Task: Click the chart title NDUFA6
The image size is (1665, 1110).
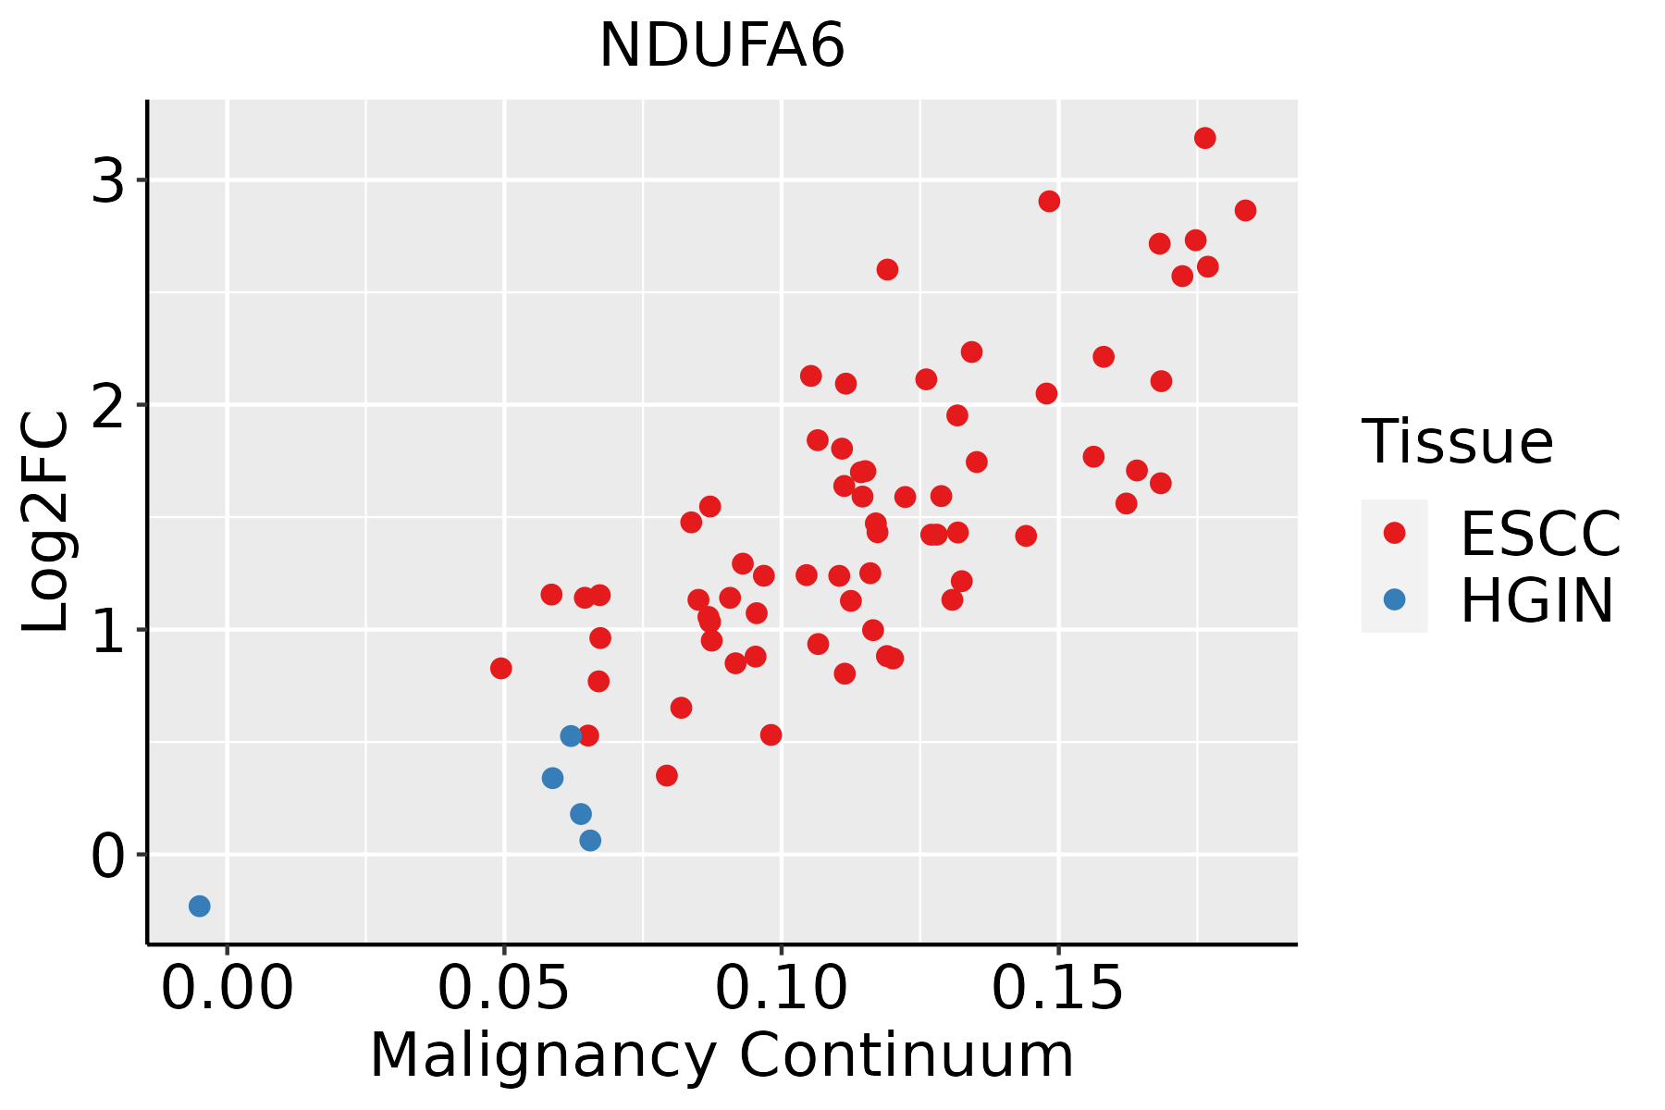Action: pos(721,45)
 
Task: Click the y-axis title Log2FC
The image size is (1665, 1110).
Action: pos(46,523)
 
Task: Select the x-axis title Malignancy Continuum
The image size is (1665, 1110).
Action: pos(721,1056)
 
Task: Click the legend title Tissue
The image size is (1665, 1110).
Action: pos(1458,441)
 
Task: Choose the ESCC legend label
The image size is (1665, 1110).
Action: pos(1540,534)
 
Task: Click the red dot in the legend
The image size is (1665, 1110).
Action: pos(1394,533)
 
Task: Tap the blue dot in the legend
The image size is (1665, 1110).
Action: pos(1394,599)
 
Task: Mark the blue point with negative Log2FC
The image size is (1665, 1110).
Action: pos(200,906)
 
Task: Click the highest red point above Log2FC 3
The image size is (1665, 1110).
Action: pos(1204,138)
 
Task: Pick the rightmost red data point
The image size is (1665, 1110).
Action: pos(1245,210)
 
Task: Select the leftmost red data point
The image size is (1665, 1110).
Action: pos(501,668)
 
